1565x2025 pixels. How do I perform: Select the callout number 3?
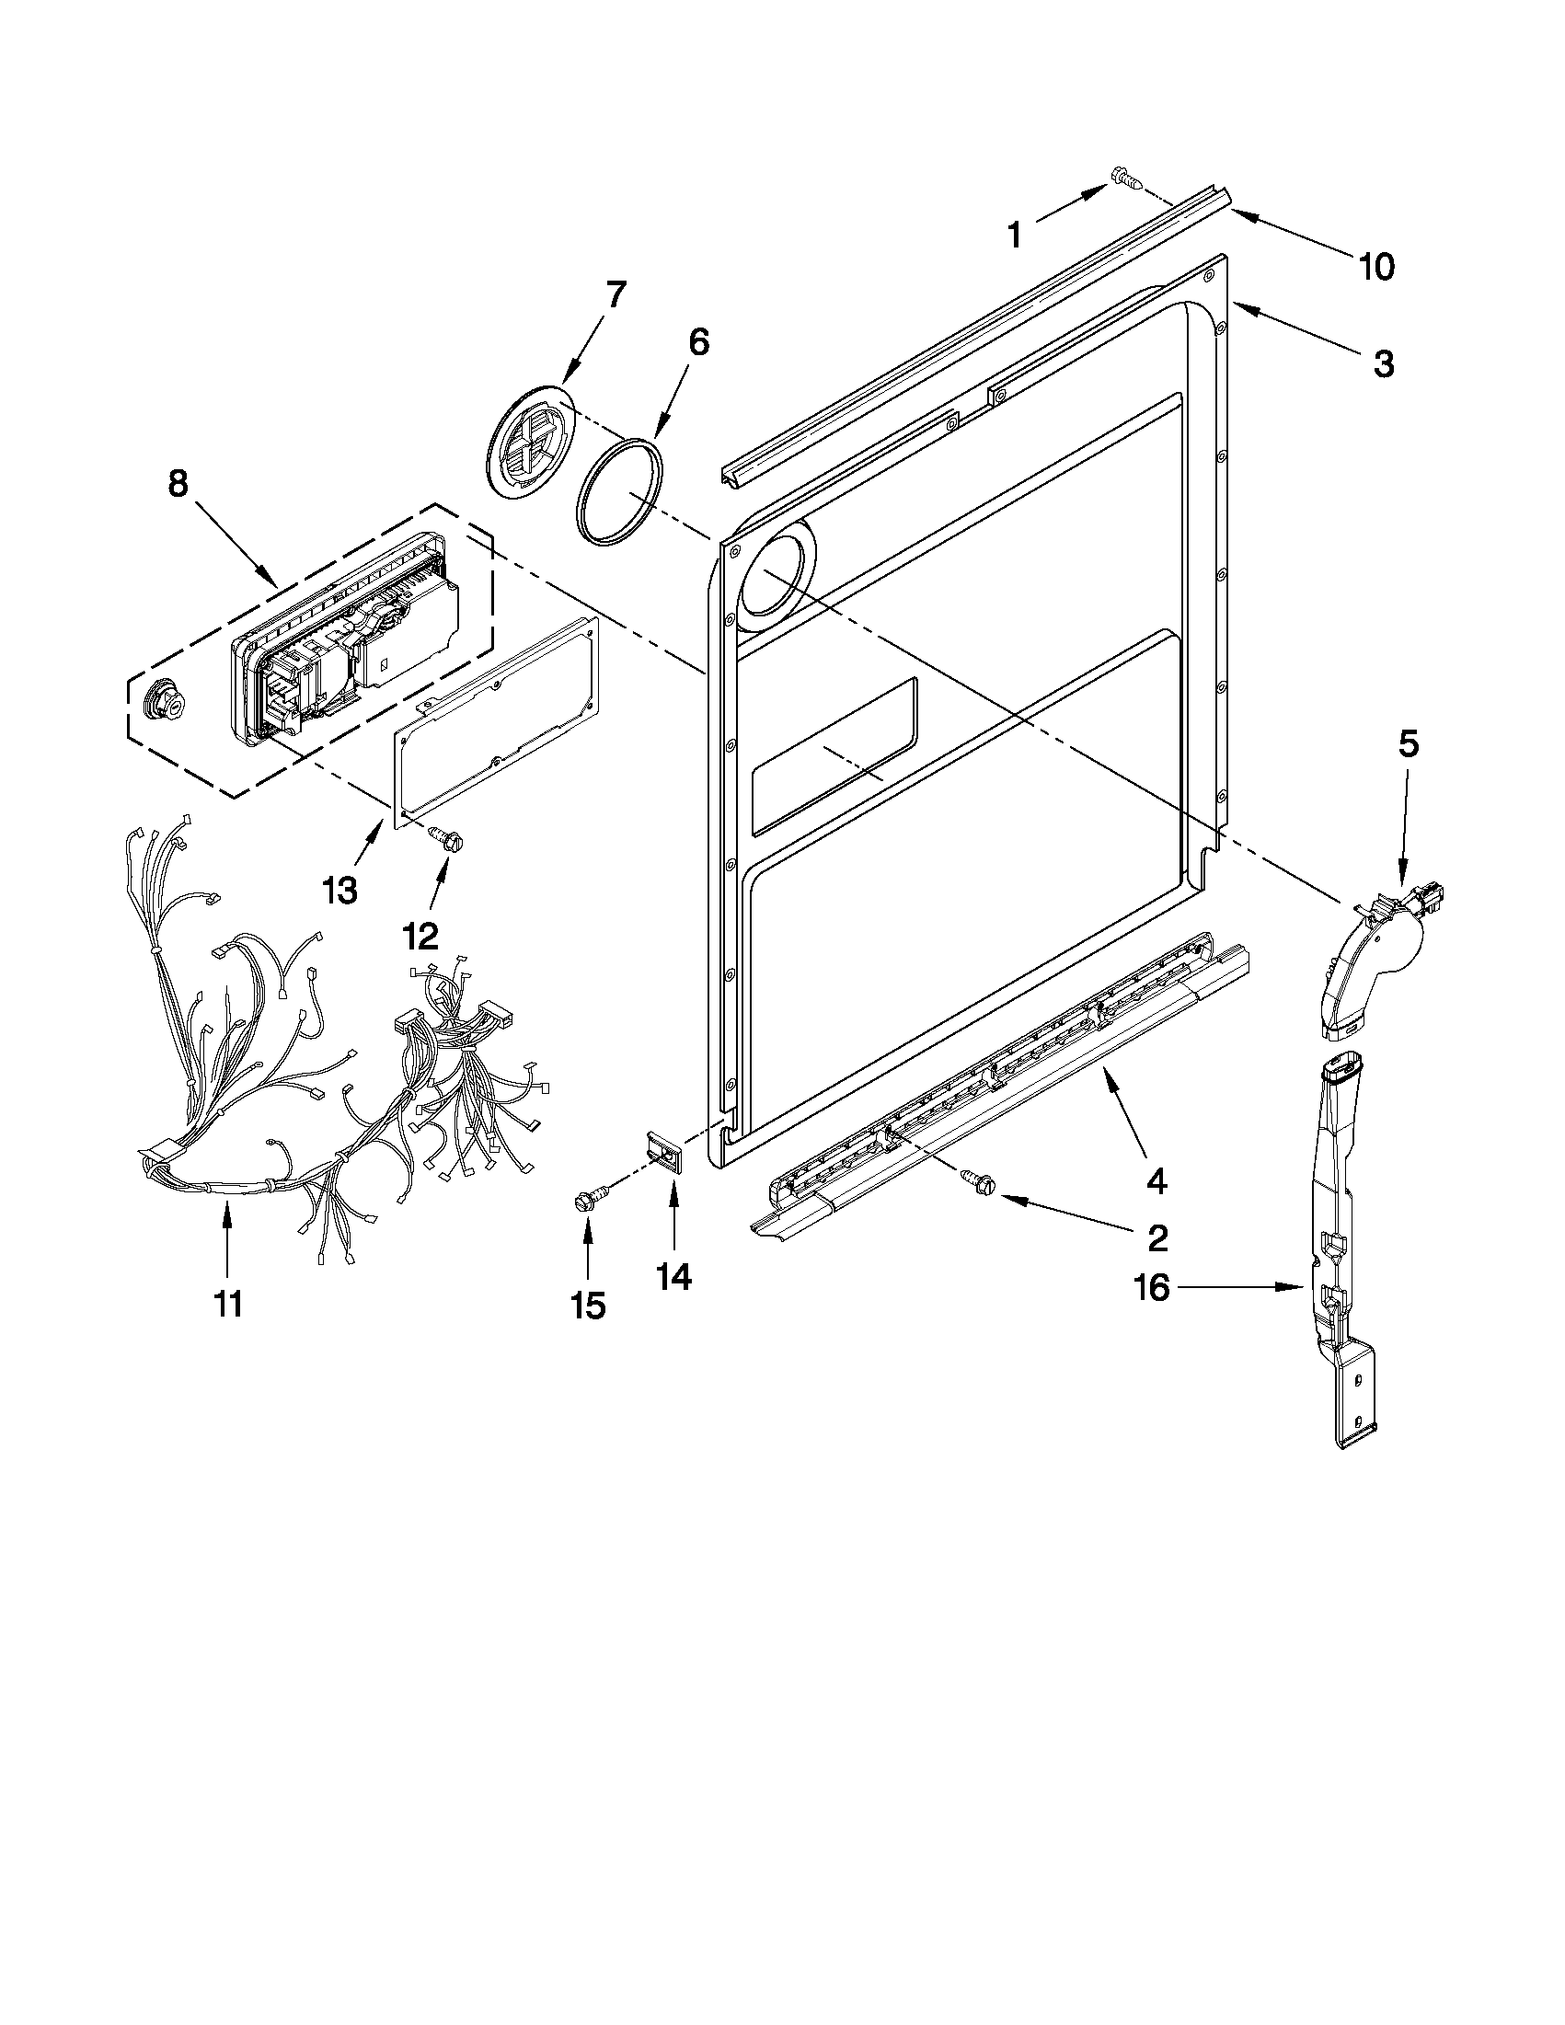[1382, 363]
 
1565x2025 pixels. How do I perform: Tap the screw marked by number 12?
[446, 838]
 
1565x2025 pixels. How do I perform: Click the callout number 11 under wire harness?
[228, 1304]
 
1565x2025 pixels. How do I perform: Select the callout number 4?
[1156, 1180]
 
